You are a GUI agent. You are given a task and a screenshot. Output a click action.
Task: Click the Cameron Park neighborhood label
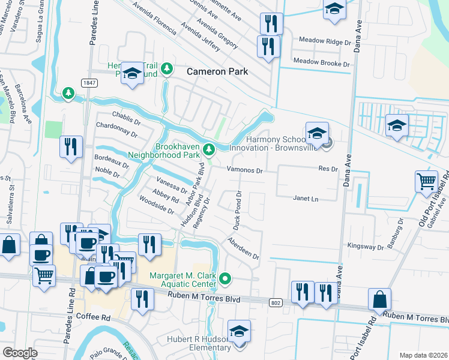pos(217,71)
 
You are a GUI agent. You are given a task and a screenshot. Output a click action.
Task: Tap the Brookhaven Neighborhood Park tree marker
pos(209,148)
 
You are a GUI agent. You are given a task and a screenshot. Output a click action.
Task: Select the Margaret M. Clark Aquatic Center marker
pos(225,278)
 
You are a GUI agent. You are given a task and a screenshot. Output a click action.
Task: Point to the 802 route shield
pos(276,302)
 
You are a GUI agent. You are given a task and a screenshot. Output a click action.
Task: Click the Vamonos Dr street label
pos(244,170)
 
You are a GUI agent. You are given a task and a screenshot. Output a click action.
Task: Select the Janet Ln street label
pos(305,198)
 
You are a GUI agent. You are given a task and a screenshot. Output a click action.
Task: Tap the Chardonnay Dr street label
pos(118,127)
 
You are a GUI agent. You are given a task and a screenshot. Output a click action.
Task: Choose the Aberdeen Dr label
pos(243,248)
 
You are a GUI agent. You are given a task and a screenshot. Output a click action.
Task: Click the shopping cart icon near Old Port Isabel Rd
pos(426,181)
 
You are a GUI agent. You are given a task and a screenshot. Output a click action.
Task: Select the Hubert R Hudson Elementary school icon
pos(239,331)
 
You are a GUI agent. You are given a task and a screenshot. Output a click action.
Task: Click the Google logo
pos(20,353)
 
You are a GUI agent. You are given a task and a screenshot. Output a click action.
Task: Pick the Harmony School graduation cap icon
pos(316,133)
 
